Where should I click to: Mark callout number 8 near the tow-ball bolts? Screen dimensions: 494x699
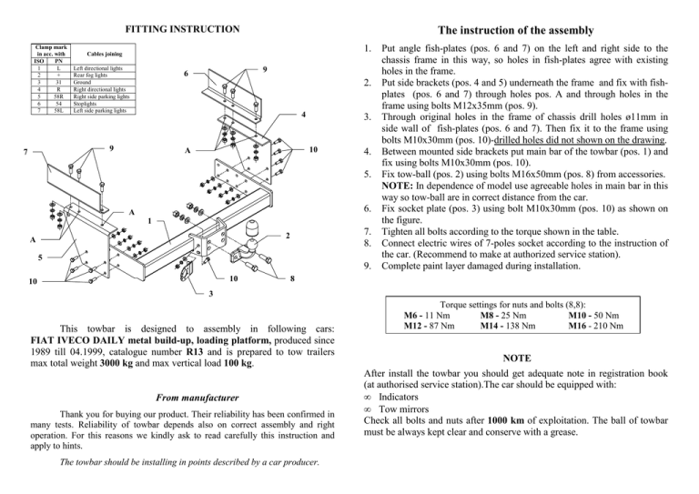click(x=291, y=279)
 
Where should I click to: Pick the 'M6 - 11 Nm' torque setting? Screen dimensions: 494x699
click(x=426, y=313)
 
